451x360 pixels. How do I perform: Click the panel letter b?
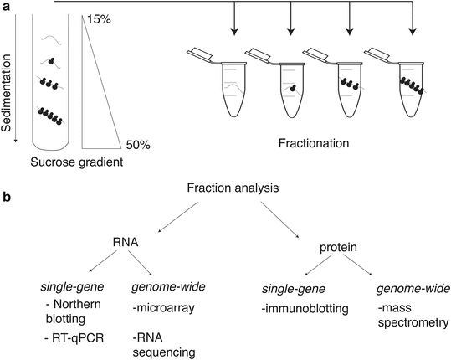pos(8,199)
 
